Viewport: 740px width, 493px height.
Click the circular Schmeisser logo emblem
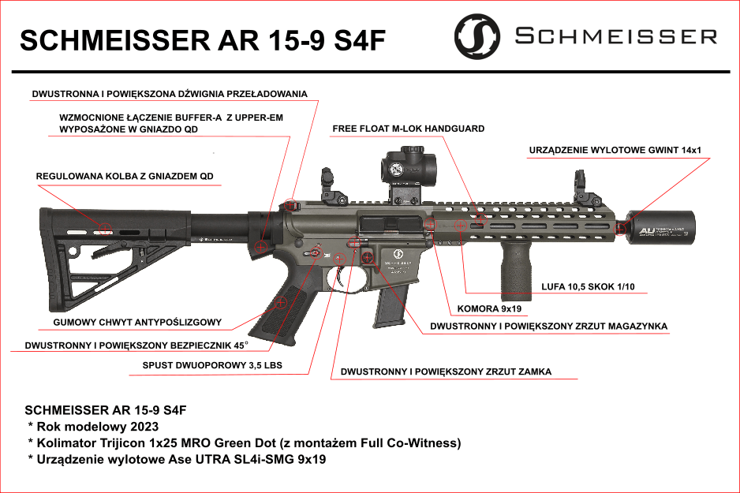477,36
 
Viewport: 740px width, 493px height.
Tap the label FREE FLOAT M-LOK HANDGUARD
408,128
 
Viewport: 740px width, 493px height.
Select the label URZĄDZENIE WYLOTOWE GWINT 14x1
615,150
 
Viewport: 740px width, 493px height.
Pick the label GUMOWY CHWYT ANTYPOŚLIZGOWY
136,323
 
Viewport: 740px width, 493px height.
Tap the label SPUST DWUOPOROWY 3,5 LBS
211,365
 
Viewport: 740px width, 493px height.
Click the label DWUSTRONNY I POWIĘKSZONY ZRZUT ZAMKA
446,372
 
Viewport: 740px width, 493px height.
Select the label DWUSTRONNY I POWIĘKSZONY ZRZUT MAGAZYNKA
548,326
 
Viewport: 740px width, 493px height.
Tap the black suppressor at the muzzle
661,228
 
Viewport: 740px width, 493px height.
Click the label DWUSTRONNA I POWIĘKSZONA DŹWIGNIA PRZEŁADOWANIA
169,94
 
